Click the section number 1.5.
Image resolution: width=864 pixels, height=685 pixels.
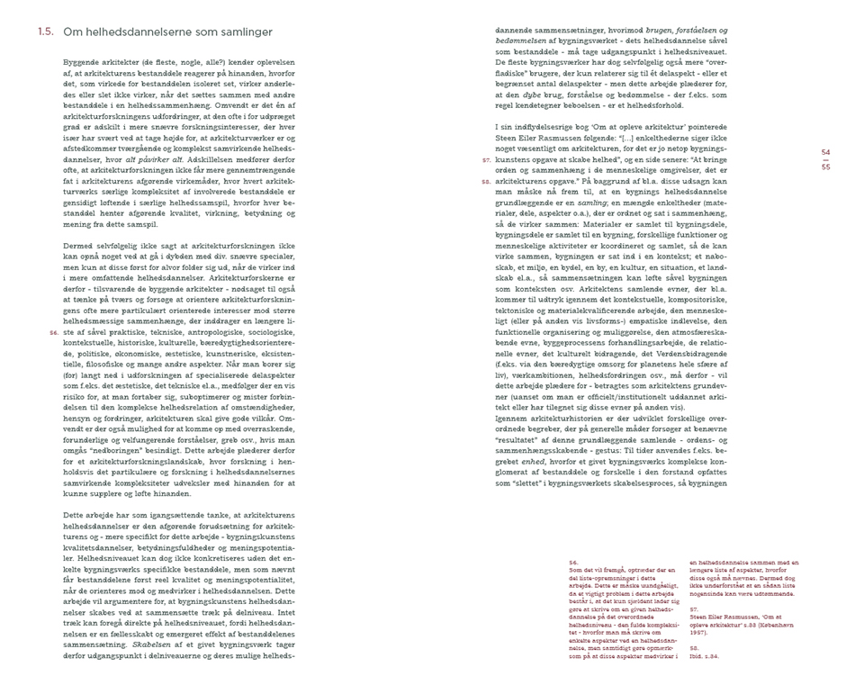tap(46, 32)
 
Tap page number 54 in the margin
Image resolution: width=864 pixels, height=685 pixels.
tap(826, 151)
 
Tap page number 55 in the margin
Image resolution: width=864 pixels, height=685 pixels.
tap(826, 167)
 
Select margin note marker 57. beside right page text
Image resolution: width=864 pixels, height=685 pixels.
tap(486, 159)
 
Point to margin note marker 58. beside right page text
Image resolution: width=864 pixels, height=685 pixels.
tap(486, 181)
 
